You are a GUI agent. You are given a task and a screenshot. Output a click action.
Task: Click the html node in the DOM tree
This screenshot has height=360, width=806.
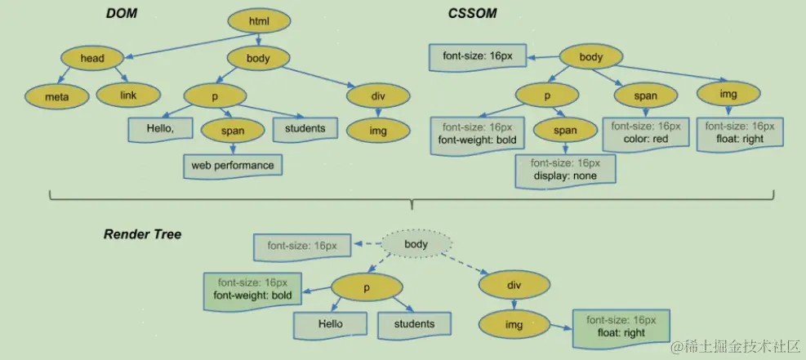pos(258,20)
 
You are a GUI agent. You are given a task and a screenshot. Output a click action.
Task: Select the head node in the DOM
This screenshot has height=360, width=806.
pos(91,58)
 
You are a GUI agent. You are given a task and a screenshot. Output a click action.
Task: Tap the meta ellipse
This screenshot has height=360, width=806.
pos(56,96)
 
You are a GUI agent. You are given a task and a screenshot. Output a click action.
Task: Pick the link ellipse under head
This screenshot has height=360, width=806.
pos(128,96)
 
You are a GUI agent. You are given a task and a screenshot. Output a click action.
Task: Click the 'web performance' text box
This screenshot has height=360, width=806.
pos(233,166)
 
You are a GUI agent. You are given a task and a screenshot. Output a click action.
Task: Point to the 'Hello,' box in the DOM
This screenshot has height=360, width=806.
pos(159,128)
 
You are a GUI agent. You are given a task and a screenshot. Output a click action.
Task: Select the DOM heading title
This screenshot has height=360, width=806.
pos(122,14)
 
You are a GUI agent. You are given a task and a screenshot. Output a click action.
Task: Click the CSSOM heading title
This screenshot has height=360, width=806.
pos(472,14)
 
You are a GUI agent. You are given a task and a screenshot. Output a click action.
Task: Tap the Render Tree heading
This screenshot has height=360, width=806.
pos(142,234)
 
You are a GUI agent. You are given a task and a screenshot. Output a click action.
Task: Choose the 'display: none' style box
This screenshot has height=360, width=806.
pos(564,170)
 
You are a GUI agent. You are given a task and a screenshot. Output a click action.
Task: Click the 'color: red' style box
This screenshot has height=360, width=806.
pos(646,133)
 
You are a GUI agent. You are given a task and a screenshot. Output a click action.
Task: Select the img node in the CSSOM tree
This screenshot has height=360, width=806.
pos(728,95)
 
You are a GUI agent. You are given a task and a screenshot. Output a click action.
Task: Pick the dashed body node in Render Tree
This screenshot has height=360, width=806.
pos(416,244)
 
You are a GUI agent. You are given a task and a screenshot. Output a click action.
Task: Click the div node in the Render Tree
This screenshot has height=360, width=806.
pos(514,286)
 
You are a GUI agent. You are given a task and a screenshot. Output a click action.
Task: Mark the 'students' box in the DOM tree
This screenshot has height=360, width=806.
pos(305,128)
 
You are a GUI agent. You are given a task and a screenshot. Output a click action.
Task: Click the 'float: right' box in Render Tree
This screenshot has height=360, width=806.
pos(621,327)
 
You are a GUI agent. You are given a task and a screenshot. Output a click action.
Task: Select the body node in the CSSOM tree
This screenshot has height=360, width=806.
pos(590,57)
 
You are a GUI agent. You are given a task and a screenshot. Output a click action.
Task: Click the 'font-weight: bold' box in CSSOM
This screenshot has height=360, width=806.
pos(477,133)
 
